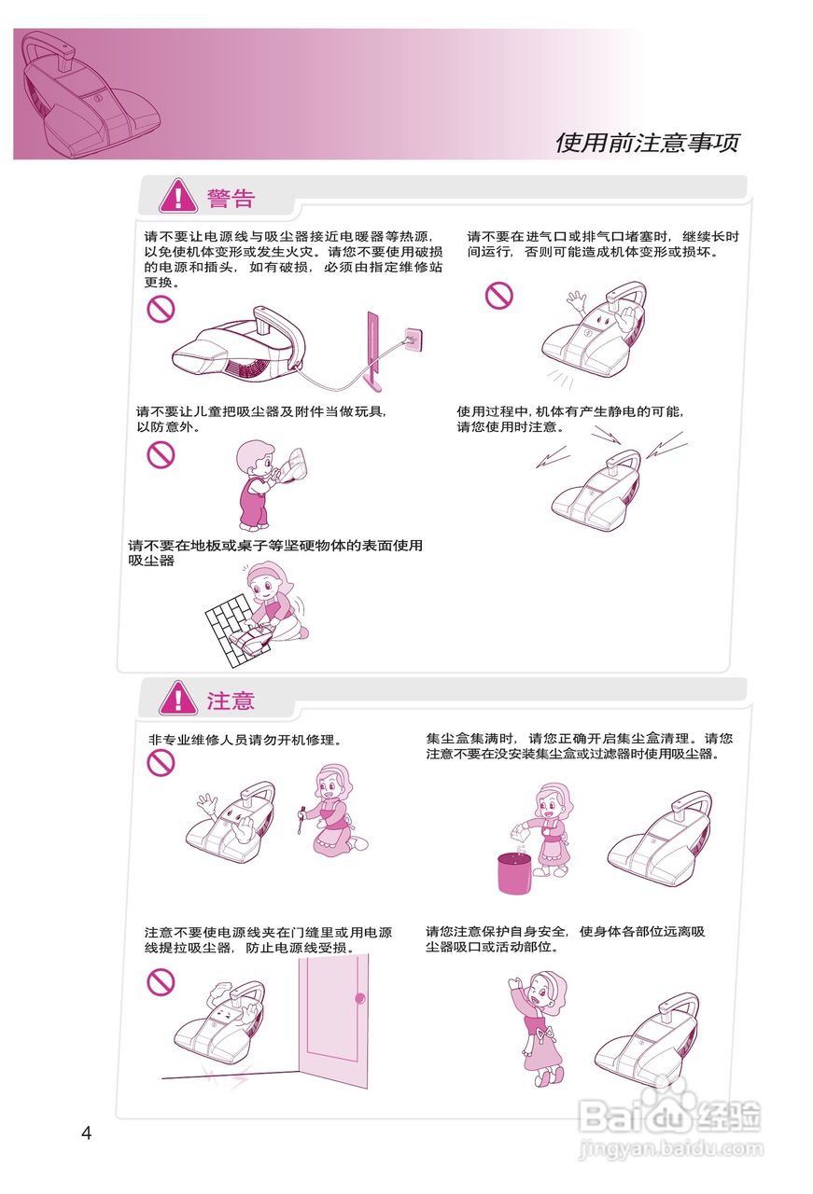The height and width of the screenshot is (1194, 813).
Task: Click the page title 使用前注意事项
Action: point(647,143)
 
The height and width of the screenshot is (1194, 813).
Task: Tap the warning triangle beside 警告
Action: point(177,197)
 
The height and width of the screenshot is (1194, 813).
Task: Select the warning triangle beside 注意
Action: point(177,699)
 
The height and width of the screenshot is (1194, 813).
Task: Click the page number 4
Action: point(87,1133)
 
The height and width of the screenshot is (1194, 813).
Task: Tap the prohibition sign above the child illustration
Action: point(161,455)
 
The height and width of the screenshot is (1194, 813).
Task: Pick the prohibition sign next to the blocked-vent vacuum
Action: point(499,296)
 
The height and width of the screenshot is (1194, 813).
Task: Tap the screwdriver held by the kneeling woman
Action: point(301,822)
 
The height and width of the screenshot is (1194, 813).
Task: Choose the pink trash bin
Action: point(512,873)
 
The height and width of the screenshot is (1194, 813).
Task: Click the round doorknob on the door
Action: point(359,999)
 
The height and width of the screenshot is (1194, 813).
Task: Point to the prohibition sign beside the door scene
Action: point(161,980)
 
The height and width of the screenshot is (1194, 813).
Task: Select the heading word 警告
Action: point(231,198)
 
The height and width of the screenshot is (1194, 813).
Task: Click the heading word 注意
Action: point(231,700)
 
